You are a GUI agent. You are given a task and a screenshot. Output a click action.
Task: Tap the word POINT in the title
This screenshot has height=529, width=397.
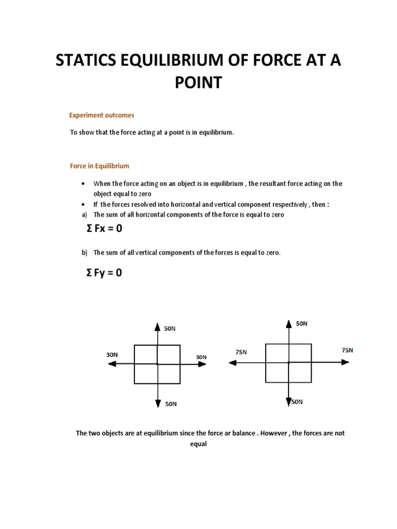point(198,82)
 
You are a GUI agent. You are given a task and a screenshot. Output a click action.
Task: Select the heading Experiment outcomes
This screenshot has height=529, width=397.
point(102,115)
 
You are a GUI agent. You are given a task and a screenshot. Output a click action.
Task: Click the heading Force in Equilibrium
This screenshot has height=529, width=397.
point(99,166)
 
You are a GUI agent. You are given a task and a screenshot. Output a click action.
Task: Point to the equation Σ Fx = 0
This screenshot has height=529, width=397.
point(104,228)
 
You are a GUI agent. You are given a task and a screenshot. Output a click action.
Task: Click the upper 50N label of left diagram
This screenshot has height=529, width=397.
point(170,329)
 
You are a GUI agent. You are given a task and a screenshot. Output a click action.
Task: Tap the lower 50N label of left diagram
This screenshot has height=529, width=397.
point(171,404)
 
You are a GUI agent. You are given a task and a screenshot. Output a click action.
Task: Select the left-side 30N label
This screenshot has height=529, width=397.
point(112,355)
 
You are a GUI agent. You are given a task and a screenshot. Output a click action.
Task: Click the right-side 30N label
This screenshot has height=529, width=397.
point(201,357)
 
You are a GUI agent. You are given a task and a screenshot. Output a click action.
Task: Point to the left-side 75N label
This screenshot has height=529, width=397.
point(241,352)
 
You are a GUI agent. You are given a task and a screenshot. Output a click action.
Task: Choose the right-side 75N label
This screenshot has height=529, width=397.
point(347,350)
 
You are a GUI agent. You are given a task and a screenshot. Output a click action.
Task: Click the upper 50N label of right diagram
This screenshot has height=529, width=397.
point(302,323)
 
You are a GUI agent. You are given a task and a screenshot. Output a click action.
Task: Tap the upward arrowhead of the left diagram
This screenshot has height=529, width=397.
point(157,326)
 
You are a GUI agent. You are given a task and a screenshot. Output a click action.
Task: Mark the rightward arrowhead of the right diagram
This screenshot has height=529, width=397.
point(345,363)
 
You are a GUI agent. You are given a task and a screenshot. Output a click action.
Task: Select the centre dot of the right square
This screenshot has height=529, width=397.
point(288,363)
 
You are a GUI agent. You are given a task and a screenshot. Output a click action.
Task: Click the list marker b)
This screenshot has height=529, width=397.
point(84,253)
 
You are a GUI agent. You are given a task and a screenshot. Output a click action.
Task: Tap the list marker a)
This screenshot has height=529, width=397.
point(84,214)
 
